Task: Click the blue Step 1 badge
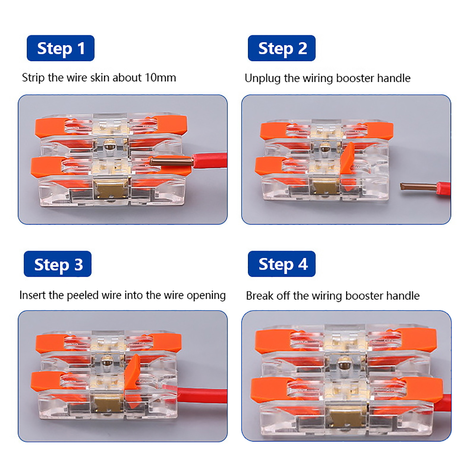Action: coord(60,48)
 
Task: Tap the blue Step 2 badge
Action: coord(282,48)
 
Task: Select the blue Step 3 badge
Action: coord(57,264)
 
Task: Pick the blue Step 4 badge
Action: coord(282,264)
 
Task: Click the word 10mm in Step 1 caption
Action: coord(160,78)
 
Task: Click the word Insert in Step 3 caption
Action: coord(33,295)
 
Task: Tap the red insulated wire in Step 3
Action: coord(202,395)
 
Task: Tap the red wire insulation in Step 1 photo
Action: coord(209,161)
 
